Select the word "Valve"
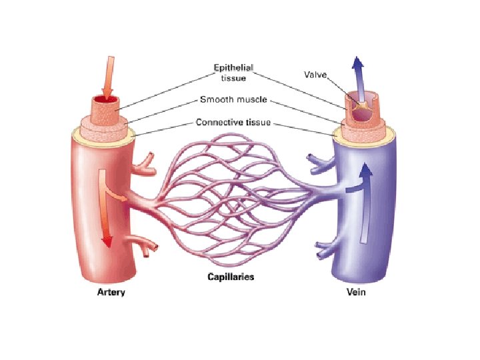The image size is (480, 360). pyautogui.click(x=315, y=75)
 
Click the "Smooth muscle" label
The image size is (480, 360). pyautogui.click(x=233, y=100)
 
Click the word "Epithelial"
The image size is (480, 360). pyautogui.click(x=233, y=67)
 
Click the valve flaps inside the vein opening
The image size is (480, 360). pyautogui.click(x=359, y=105)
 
